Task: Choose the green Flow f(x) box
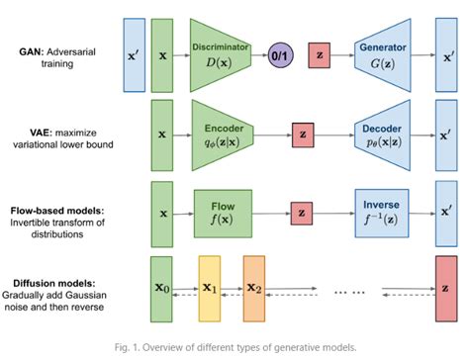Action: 219,212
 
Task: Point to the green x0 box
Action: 163,288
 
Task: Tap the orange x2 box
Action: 254,288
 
